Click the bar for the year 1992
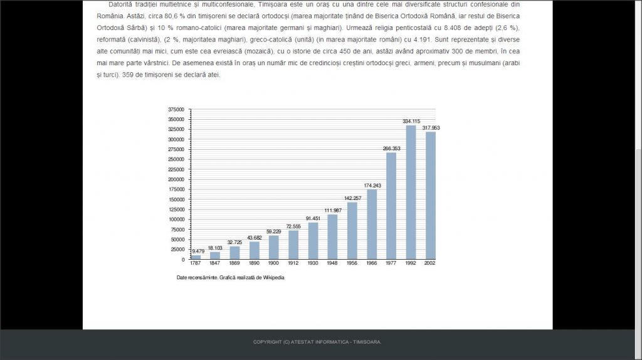[x=411, y=192]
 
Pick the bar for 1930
[x=313, y=241]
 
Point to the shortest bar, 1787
[x=196, y=257]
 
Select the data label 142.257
[x=352, y=198]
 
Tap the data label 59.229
[x=274, y=231]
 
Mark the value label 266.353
[x=391, y=149]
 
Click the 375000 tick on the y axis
[x=177, y=109]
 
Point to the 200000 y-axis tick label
[x=177, y=179]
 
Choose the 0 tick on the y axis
[x=183, y=260]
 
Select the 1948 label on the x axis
[x=332, y=263]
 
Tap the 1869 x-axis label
[x=234, y=263]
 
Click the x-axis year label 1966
[x=372, y=263]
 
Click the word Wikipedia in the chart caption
[x=274, y=277]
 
